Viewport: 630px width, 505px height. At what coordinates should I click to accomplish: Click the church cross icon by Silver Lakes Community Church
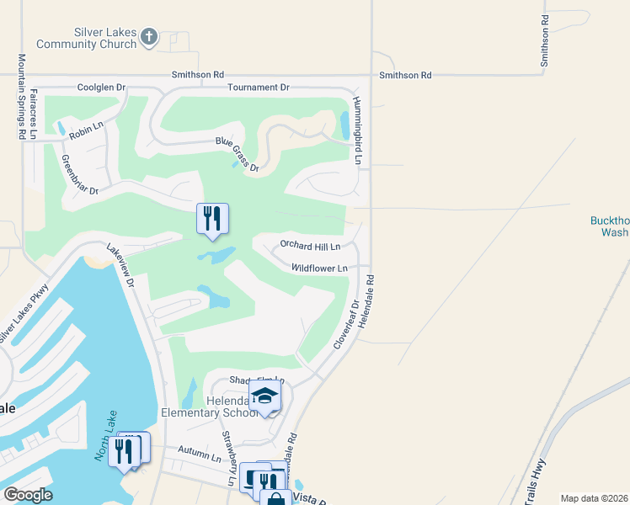tap(148, 36)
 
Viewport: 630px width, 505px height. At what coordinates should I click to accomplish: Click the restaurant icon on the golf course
tap(212, 219)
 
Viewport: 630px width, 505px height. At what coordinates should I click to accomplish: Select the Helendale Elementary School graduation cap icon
tap(264, 396)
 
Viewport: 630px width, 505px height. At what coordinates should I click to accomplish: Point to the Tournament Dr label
tap(258, 88)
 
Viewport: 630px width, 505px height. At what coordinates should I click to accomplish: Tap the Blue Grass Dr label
tap(236, 154)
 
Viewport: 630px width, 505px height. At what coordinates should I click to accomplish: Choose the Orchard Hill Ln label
tap(310, 247)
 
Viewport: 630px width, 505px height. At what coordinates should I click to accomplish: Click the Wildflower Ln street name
tap(319, 268)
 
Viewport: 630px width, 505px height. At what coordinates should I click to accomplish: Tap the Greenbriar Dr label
tap(80, 174)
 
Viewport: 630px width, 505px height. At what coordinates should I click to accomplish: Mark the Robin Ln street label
tap(85, 132)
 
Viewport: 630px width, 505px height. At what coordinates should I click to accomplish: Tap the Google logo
tap(28, 494)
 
